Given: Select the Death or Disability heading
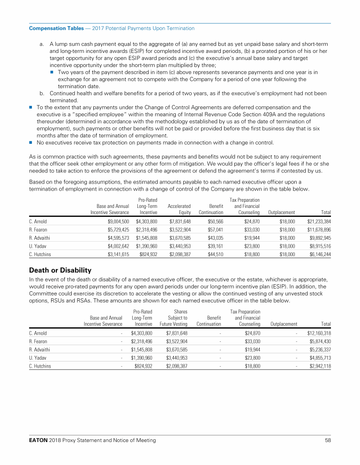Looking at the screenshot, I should click(60, 270).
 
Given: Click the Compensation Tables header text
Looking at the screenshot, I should click(53, 29).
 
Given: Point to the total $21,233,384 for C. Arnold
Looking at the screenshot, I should click(319, 221).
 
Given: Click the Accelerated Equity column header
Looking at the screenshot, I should click(179, 209).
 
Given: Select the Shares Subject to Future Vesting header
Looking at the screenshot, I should click(174, 317).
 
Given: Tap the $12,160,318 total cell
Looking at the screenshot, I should click(319, 333).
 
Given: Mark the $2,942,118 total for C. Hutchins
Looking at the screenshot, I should click(320, 366).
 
